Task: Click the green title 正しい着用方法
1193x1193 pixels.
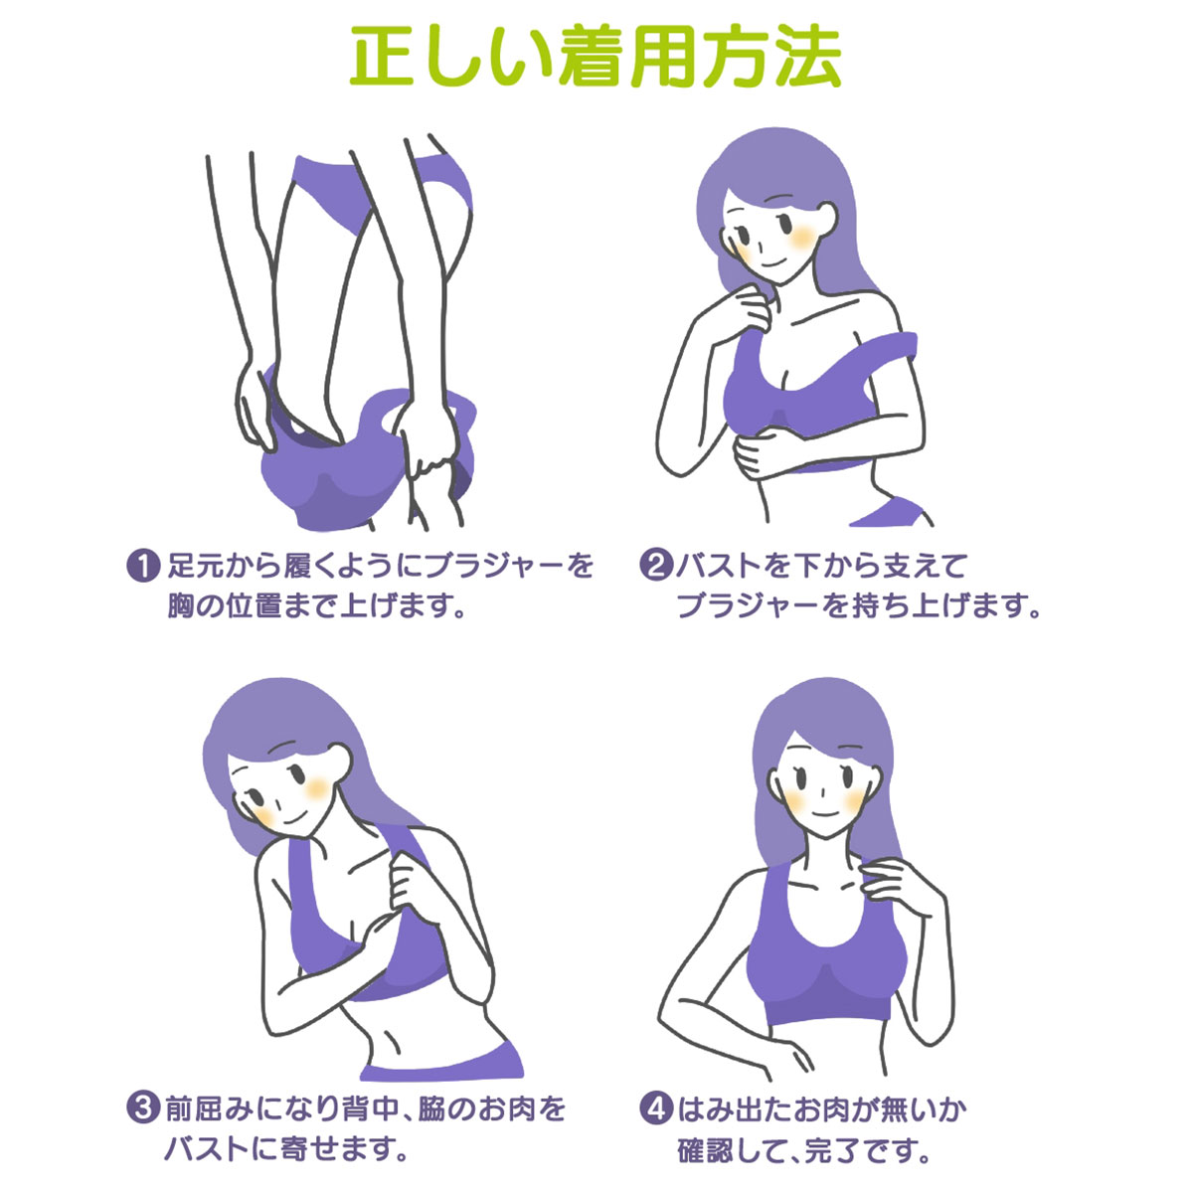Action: click(x=596, y=57)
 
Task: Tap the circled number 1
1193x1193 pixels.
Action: click(x=143, y=566)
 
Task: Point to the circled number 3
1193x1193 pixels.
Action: click(x=143, y=1108)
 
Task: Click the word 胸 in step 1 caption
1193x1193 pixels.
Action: click(x=182, y=606)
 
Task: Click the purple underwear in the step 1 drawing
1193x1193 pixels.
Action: click(x=381, y=186)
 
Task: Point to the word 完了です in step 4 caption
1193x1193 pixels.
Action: click(x=869, y=1150)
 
